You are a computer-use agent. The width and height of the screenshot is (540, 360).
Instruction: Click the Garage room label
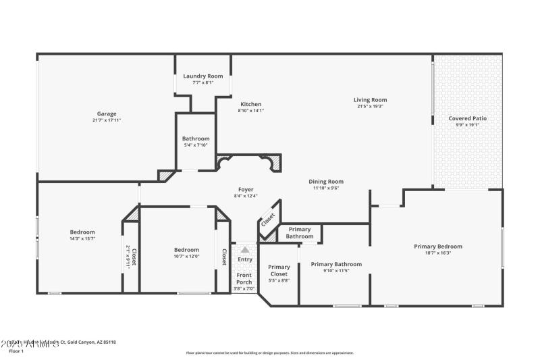tap(106, 113)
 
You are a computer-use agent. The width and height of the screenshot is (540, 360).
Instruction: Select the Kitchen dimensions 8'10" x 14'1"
tap(250, 111)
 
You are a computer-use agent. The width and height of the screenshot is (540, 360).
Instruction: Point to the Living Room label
tap(372, 99)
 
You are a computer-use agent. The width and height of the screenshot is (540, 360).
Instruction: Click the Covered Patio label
tap(467, 118)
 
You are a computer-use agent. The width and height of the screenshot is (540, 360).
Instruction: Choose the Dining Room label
tap(326, 181)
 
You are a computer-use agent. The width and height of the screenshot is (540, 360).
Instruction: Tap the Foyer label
tap(246, 189)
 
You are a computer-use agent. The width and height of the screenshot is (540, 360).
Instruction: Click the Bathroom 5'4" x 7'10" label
tap(195, 138)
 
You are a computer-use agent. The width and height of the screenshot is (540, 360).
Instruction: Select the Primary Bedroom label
tap(438, 247)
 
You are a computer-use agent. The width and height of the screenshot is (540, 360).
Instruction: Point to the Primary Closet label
tap(279, 270)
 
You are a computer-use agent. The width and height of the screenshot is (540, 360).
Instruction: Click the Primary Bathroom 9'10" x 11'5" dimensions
tap(336, 271)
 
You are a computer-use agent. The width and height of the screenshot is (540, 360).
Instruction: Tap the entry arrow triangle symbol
tap(245, 250)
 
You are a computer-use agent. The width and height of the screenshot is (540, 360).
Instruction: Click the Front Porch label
tap(244, 279)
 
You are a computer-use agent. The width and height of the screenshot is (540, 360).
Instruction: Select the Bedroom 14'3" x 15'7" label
tap(82, 232)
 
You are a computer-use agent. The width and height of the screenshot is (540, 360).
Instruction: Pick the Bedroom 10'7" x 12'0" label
tap(186, 249)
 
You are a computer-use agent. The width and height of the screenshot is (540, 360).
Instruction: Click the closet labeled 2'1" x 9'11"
tap(130, 257)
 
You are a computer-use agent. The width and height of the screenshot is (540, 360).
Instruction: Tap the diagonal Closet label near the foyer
tap(268, 220)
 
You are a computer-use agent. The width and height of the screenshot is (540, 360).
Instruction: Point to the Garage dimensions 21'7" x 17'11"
tap(106, 120)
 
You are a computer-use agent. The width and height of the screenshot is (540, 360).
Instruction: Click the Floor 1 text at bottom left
tap(16, 351)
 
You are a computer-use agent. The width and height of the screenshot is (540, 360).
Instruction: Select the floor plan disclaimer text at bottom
tap(269, 353)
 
